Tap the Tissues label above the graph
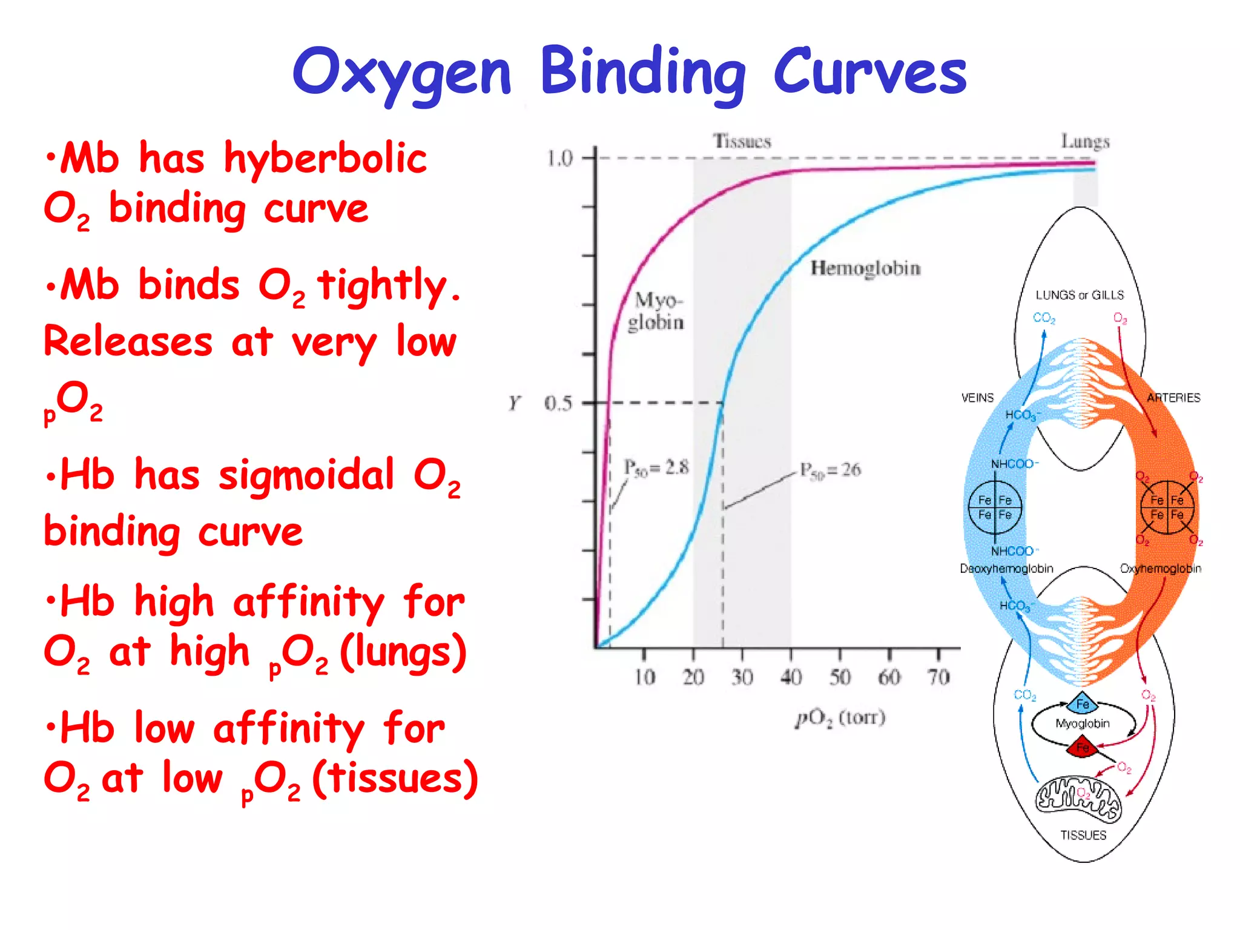[742, 141]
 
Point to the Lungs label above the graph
[1085, 141]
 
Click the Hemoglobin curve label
[865, 268]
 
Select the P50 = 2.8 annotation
[656, 467]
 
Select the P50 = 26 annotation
[830, 470]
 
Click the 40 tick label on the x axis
[791, 677]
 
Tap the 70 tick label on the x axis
[938, 677]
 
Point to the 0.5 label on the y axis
[558, 403]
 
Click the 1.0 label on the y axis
[559, 159]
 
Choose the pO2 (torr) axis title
[840, 718]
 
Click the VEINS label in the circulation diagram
[977, 398]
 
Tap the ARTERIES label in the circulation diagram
[1173, 398]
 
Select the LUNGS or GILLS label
[1080, 295]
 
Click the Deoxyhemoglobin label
[1006, 569]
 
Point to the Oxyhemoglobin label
[1160, 569]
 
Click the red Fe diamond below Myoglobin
[1083, 748]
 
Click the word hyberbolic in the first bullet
[325, 159]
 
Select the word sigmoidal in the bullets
[306, 475]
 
